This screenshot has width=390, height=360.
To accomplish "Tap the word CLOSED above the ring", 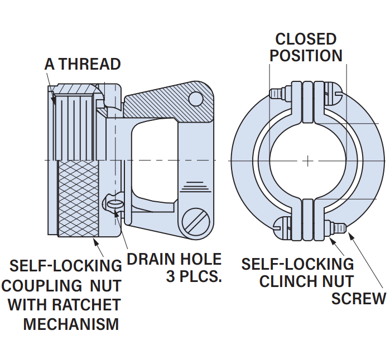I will point(306,39).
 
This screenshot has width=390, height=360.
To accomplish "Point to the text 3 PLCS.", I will point(194,277).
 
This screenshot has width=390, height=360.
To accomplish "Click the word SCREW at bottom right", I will point(358,299).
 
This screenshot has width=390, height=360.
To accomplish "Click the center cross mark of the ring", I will point(307,160).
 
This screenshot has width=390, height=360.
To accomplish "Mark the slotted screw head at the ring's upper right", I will point(333,93).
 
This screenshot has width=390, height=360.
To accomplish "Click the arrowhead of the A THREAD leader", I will point(54,100).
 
